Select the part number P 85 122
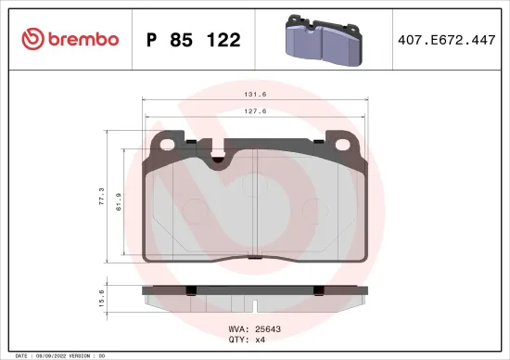194,40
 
